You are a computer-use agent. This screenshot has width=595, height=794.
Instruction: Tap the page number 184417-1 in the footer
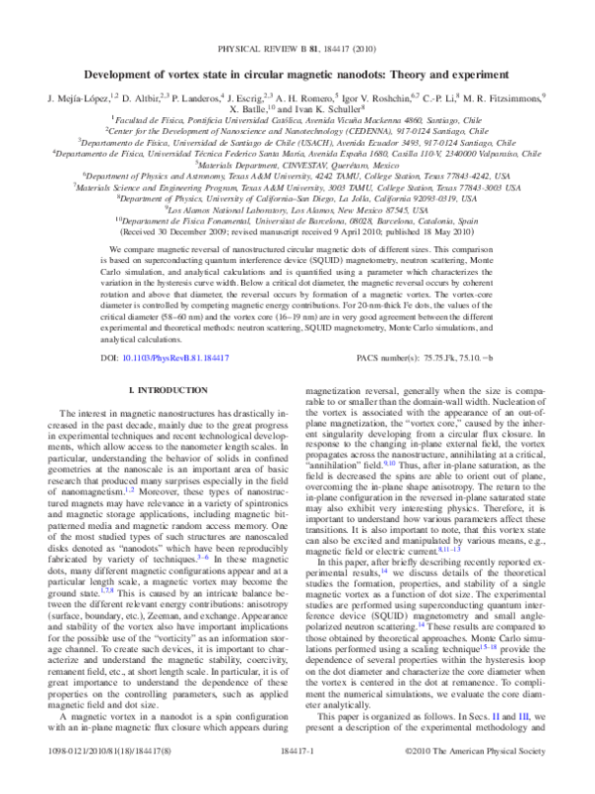[297, 781]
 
